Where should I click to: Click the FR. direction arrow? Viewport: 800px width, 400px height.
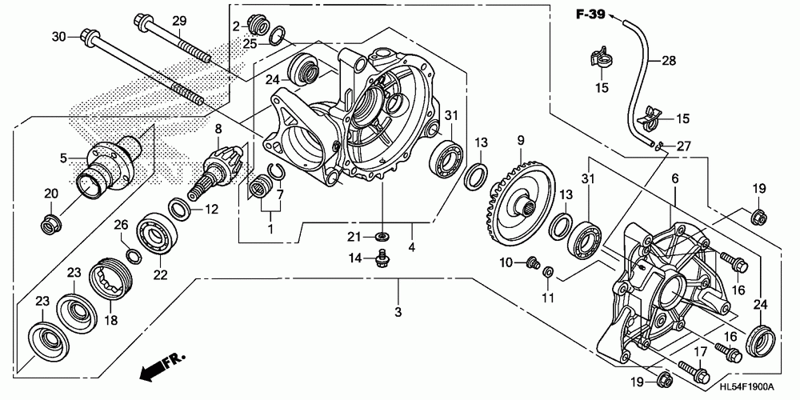160,363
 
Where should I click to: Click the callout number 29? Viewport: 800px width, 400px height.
178,20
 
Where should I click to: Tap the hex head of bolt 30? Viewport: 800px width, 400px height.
87,35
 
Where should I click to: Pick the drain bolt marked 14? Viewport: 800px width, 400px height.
382,258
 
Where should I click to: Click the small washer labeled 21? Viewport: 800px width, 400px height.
383,236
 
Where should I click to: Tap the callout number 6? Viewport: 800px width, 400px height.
675,181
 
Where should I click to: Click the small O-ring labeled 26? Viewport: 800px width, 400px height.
134,255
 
